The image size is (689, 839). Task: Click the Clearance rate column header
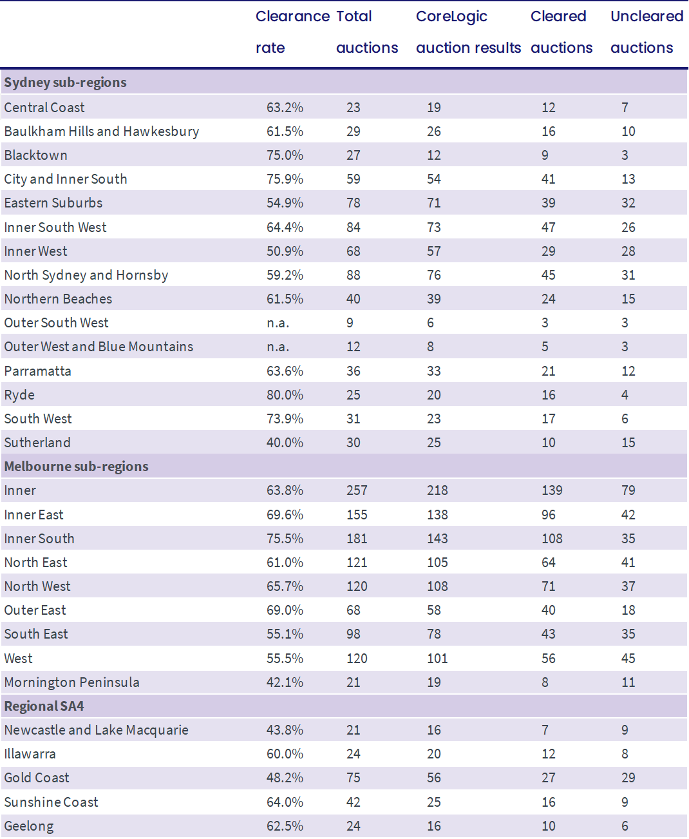292,32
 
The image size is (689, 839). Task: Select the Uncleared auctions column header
647,32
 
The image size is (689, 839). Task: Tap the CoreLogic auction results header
468,32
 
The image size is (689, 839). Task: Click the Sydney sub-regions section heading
65,82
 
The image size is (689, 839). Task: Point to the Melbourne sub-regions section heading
77,467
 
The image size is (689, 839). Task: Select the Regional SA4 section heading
44,706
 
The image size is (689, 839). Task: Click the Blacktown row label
36,155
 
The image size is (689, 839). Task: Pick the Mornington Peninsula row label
72,682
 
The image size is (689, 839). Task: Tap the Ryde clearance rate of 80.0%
285,395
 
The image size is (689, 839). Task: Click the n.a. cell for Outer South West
278,323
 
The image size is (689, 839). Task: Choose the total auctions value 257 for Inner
357,490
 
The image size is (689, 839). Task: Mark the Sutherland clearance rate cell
285,443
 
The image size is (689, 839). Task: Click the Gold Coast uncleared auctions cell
628,778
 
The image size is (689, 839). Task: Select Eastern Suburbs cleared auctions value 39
548,203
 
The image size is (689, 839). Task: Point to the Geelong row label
29,826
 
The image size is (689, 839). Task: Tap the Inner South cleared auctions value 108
552,539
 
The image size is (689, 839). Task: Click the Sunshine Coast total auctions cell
353,802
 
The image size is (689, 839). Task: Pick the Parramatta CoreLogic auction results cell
434,371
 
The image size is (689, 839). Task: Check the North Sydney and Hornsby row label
86,275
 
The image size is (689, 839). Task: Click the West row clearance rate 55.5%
285,659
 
